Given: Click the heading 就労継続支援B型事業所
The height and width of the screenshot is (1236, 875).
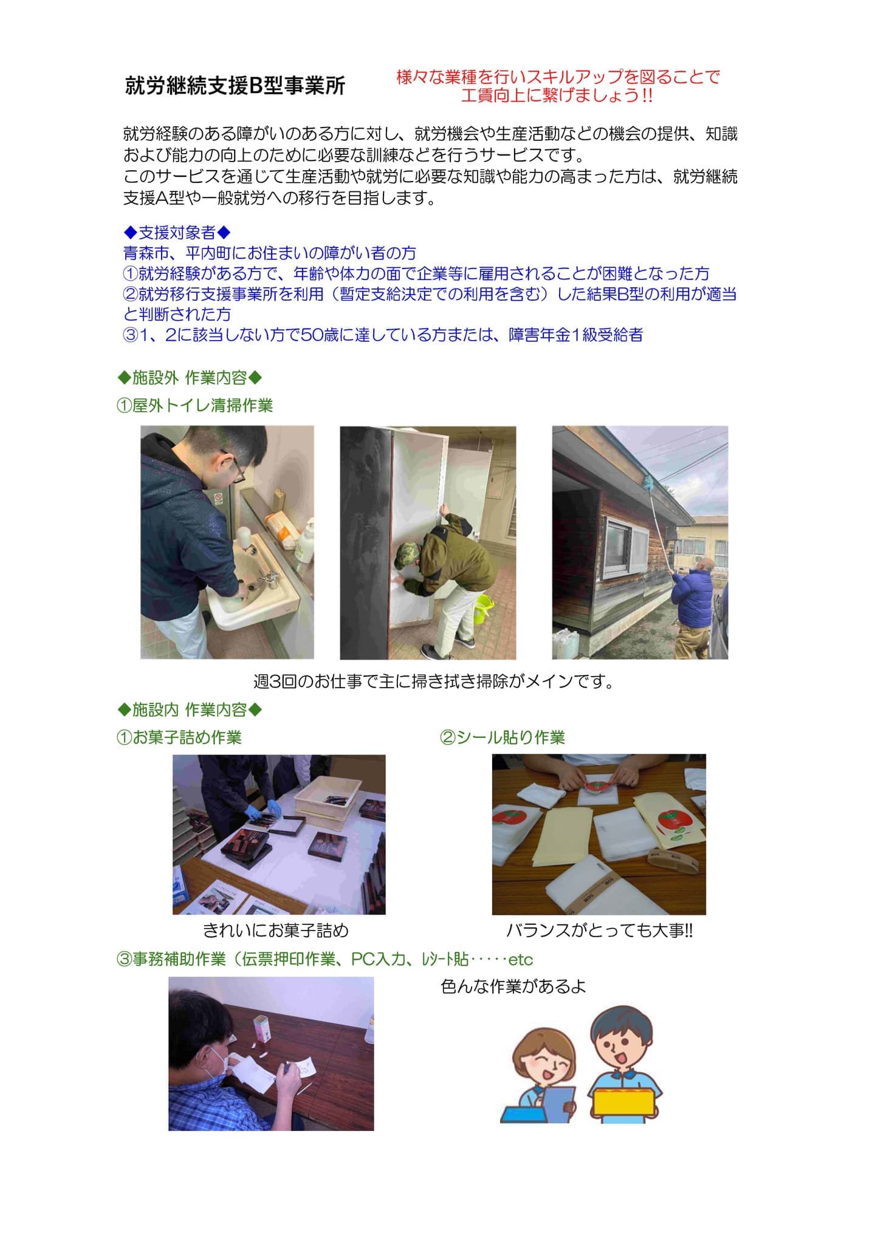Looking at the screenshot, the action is (x=235, y=86).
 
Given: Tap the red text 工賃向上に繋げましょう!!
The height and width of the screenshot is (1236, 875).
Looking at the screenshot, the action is (x=557, y=95).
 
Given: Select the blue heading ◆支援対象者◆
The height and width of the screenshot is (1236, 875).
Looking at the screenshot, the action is (x=177, y=232).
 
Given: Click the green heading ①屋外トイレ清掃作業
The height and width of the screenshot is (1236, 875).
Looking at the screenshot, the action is (x=194, y=405).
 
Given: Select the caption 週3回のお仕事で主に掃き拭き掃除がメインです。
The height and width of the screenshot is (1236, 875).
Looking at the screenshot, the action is (x=434, y=681).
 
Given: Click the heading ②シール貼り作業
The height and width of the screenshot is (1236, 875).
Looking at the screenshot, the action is (x=503, y=737).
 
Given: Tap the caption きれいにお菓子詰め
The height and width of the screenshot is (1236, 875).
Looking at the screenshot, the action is (x=276, y=930).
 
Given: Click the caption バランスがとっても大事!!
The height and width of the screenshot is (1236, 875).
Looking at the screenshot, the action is (x=599, y=930).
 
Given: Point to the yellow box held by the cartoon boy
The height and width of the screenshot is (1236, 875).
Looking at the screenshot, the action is (x=625, y=1101).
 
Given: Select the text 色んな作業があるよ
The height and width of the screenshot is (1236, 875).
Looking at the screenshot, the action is (x=513, y=986).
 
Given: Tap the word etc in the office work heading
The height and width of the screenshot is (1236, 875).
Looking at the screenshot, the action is (x=520, y=960).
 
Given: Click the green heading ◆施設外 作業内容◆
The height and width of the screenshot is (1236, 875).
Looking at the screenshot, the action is (x=190, y=378).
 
